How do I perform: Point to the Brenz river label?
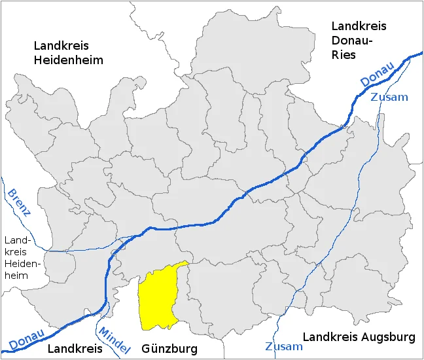point(19,202)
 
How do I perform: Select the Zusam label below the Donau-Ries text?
point(389,97)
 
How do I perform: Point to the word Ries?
point(344,55)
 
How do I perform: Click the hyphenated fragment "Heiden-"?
point(23,264)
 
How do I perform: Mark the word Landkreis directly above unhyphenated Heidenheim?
point(61,46)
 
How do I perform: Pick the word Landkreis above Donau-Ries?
point(359,26)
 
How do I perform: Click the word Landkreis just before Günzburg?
point(75,349)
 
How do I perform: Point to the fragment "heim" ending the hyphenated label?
point(17,276)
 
